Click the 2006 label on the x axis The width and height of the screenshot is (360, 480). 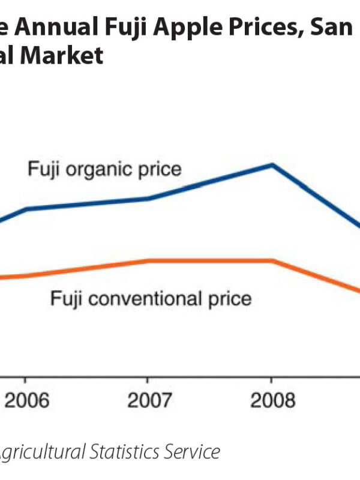[25, 400]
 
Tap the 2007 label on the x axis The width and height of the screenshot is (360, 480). [148, 400]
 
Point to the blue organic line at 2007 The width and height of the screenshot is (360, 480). [148, 199]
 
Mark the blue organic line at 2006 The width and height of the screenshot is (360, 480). [25, 209]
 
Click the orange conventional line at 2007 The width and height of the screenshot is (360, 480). [148, 260]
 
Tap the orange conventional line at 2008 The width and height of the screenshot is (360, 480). [272, 260]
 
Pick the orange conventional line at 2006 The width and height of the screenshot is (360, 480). [25, 275]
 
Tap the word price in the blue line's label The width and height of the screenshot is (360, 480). [159, 169]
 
